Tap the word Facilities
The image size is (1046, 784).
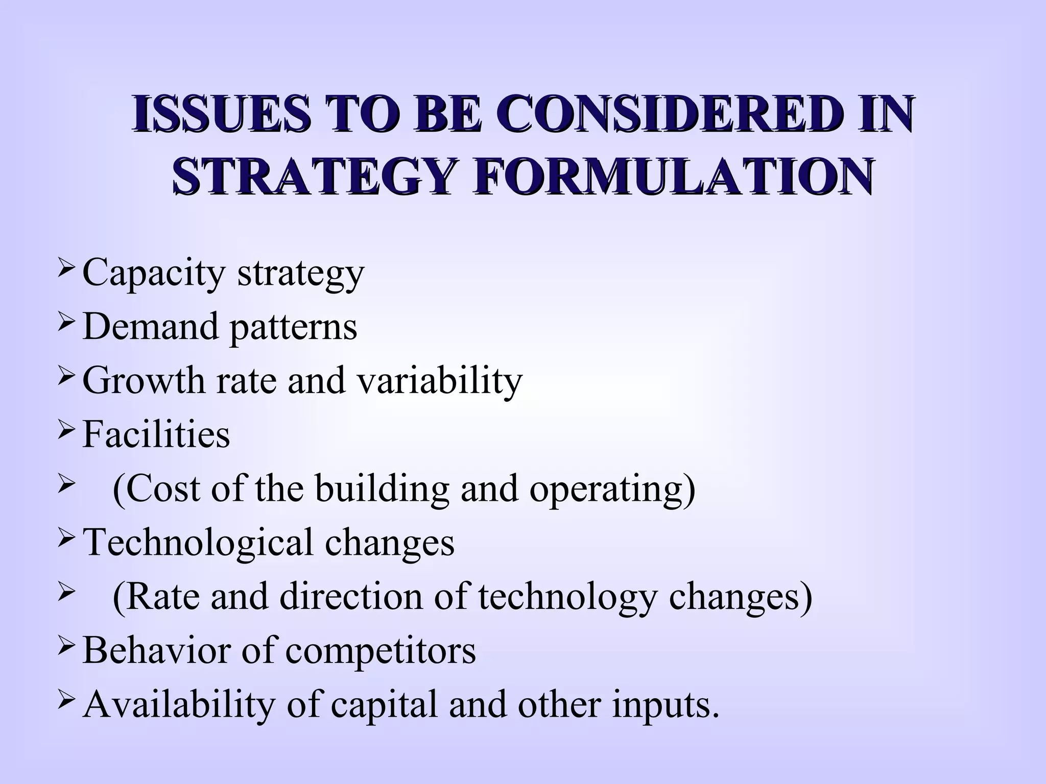point(156,435)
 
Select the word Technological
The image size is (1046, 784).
point(197,543)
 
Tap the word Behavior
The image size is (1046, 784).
point(155,651)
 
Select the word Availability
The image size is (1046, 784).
point(179,705)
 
